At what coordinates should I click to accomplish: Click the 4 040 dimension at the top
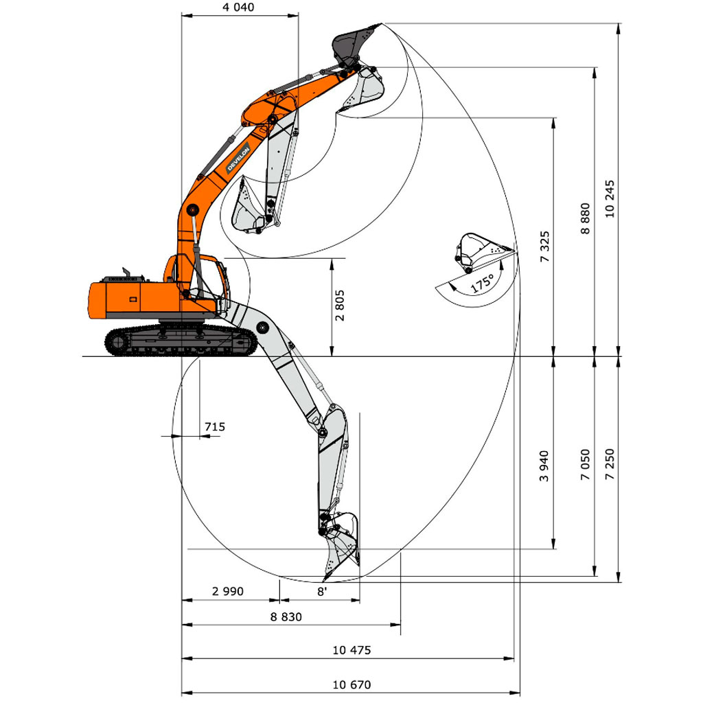[x=238, y=7]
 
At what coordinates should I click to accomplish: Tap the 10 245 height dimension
[x=610, y=199]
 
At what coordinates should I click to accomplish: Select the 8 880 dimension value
[x=585, y=219]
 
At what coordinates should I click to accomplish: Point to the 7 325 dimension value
[x=544, y=246]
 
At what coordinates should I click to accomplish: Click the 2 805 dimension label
[x=341, y=306]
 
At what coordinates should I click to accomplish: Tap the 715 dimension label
[x=215, y=426]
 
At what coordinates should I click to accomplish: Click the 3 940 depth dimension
[x=544, y=466]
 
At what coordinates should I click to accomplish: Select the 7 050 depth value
[x=585, y=465]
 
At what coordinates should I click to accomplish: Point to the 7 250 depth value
[x=610, y=464]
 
